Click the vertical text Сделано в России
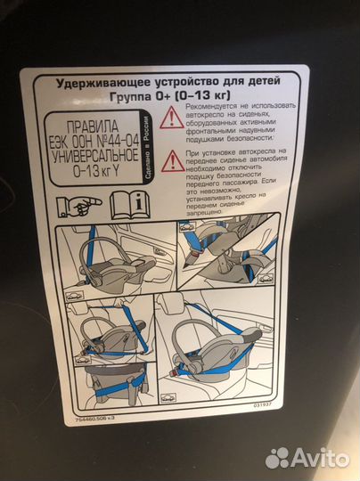(153, 152)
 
